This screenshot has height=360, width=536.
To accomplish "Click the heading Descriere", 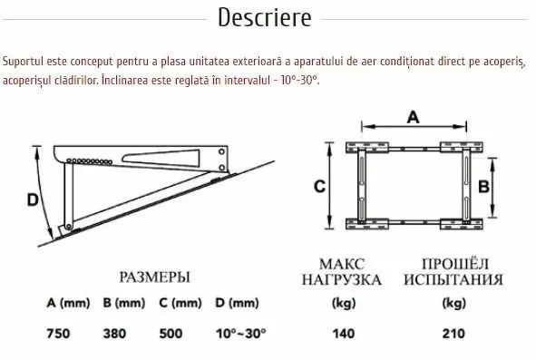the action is click(x=265, y=17).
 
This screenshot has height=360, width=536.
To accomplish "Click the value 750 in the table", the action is click(x=58, y=334).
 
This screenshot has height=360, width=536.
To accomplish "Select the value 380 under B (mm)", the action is click(x=114, y=334).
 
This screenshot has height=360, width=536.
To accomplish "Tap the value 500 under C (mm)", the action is click(x=171, y=334).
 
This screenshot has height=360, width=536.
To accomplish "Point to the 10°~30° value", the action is click(x=240, y=334).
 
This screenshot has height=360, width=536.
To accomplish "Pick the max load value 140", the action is click(x=344, y=334).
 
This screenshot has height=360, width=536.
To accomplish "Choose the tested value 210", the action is click(x=453, y=334).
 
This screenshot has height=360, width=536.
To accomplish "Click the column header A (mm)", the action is click(x=68, y=303).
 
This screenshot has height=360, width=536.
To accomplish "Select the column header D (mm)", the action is click(x=237, y=303).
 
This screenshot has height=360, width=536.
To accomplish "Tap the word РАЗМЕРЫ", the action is click(x=154, y=277).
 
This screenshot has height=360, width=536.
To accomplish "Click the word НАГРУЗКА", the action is click(x=342, y=279).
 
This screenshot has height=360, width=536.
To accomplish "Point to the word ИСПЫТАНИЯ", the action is click(x=453, y=279).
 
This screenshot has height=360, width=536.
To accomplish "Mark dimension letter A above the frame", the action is click(x=414, y=118).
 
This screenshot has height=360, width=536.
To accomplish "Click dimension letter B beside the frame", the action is click(x=483, y=187).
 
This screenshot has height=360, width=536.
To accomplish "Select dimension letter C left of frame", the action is click(x=319, y=187).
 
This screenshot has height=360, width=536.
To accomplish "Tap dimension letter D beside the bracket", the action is click(x=33, y=199).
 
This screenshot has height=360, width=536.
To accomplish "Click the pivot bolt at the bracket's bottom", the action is click(x=68, y=226).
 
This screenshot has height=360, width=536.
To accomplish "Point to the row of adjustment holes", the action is click(x=89, y=161).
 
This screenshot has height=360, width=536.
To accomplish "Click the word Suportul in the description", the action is click(x=24, y=62).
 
